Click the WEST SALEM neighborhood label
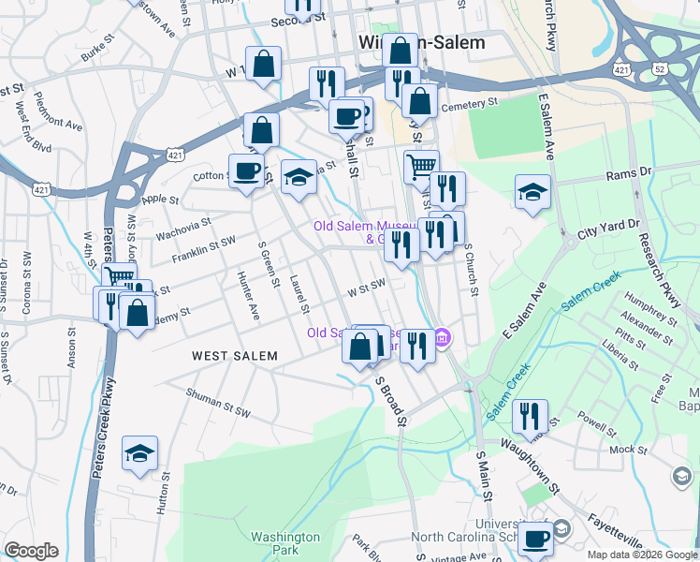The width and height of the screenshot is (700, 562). [235, 356]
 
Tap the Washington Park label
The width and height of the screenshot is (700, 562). [285, 544]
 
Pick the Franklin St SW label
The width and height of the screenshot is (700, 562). [203, 246]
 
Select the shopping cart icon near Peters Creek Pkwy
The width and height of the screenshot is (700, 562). [120, 276]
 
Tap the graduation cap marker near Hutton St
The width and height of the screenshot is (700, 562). [140, 453]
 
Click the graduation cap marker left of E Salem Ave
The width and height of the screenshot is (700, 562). [532, 191]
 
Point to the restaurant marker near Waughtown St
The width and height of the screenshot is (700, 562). [530, 414]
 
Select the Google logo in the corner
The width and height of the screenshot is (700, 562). [32, 550]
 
